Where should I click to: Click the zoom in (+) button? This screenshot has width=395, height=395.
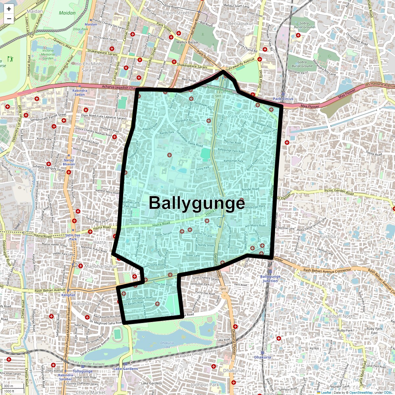(9, 9)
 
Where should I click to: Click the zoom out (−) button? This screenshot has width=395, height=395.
(9, 19)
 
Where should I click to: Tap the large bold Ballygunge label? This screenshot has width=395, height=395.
(197, 203)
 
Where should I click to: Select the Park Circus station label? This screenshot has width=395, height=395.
(283, 99)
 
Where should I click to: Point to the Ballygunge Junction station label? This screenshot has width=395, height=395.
(270, 278)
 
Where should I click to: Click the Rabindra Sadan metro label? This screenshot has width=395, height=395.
(80, 92)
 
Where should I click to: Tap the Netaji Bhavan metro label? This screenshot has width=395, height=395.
(69, 162)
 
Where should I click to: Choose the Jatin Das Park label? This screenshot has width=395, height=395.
(73, 237)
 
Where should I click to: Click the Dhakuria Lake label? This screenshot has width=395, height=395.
(167, 345)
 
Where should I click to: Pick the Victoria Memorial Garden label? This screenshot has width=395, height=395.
(48, 54)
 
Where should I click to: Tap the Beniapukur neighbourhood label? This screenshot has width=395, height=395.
(241, 24)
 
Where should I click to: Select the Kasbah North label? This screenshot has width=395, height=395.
(340, 316)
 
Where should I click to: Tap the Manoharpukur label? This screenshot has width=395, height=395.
(101, 266)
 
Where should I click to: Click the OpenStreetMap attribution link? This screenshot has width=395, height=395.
(361, 392)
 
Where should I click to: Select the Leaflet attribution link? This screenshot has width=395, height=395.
(326, 392)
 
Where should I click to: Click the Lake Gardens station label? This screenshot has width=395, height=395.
(125, 369)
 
